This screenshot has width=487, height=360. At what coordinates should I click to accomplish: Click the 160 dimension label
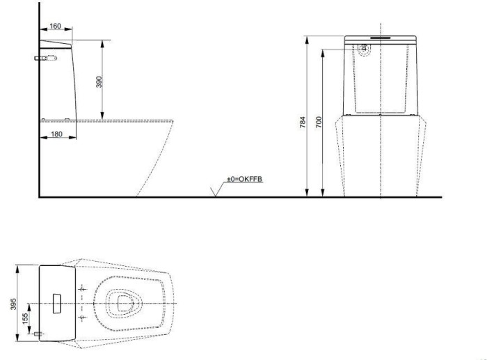[55, 26]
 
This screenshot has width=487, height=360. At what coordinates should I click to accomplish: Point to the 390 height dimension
[98, 81]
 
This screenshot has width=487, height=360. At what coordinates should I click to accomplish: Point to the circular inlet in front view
[364, 49]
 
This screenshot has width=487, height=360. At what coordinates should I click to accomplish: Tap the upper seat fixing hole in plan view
[82, 288]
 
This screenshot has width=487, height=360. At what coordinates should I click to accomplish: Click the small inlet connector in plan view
[37, 334]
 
